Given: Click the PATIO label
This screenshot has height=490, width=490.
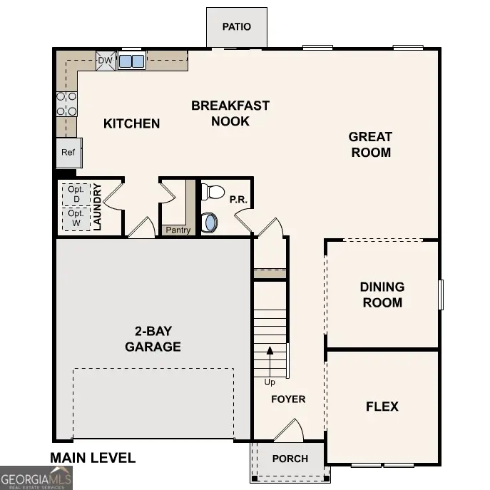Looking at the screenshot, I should [236, 27].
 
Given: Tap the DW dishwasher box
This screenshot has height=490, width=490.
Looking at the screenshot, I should [105, 61].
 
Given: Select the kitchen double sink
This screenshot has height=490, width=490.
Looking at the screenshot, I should [131, 61].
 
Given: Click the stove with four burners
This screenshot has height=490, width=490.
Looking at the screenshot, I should [66, 103].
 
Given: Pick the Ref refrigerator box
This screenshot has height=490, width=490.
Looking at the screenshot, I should [68, 153].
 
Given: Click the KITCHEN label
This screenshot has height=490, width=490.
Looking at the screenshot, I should [132, 123].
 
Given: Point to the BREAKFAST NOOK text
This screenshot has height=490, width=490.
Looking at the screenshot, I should [230, 113].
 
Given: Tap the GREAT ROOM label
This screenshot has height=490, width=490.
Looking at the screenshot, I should [370, 144].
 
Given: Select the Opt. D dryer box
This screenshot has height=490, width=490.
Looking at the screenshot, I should [76, 194].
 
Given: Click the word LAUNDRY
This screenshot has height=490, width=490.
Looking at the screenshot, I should [98, 207].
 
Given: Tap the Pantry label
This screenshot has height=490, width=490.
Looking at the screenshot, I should [178, 230].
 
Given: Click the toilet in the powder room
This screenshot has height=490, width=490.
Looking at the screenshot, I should [213, 192].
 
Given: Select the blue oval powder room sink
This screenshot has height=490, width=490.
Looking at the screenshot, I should [210, 223].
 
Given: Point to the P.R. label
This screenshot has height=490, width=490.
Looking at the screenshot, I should [238, 200].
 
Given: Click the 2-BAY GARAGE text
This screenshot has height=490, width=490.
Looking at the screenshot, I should [153, 339].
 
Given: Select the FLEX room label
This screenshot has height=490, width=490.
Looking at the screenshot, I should [382, 407].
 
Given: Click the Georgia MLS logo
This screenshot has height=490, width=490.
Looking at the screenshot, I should [36, 477].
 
